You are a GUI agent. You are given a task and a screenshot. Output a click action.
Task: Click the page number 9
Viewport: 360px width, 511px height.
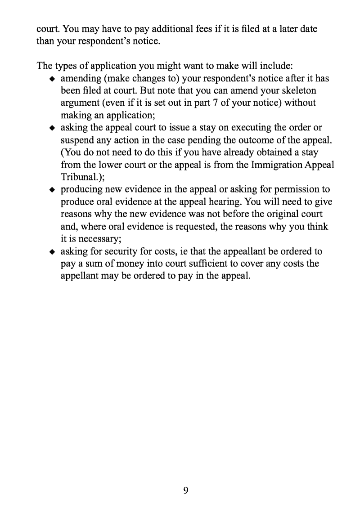point(185,490)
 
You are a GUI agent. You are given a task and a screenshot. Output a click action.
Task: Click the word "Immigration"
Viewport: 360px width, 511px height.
point(264,165)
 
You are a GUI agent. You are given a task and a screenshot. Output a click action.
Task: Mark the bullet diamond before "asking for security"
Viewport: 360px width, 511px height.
point(52,251)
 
